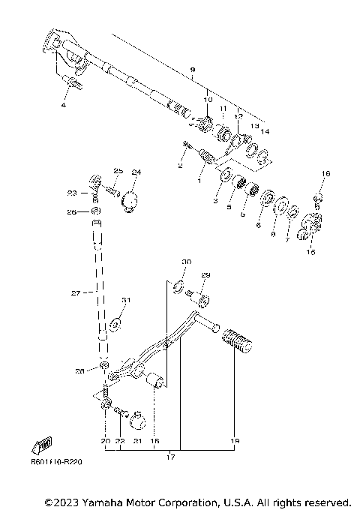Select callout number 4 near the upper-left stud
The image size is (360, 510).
[x=64, y=106]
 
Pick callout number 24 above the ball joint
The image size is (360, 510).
[x=136, y=172]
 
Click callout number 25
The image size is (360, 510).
[x=118, y=171]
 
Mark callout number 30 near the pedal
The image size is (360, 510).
[x=187, y=262]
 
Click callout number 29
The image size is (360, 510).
[x=206, y=277]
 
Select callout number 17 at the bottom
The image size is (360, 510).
[x=170, y=456]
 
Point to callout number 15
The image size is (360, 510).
[x=310, y=253]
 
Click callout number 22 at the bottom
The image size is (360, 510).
[x=120, y=442]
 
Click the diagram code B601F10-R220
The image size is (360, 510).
[x=56, y=461]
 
